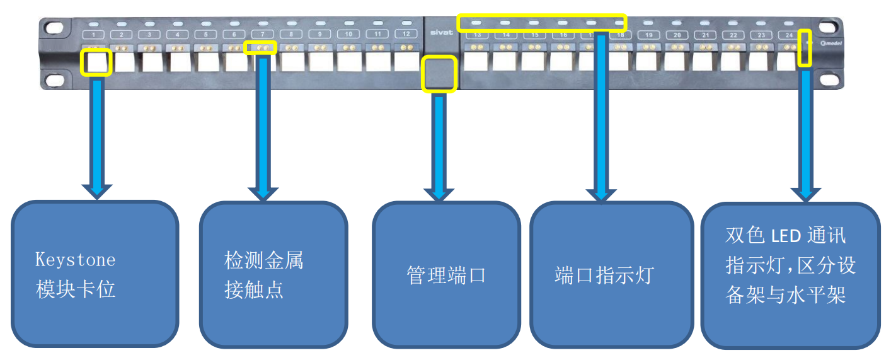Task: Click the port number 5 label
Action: pos(206,34)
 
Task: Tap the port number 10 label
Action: pos(348,33)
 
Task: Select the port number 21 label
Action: pos(705,35)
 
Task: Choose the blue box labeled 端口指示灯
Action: pos(604,275)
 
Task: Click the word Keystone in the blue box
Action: pos(76,260)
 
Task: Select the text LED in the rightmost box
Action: pos(786,236)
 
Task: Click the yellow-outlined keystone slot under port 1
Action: pos(96,62)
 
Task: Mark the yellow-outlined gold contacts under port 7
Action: pos(260,47)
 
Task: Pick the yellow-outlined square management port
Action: pos(439,74)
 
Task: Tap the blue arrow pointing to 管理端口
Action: pos(439,145)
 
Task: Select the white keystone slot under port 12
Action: pos(406,61)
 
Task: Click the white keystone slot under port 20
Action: pos(675,61)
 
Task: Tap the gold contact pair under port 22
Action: pos(733,47)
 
